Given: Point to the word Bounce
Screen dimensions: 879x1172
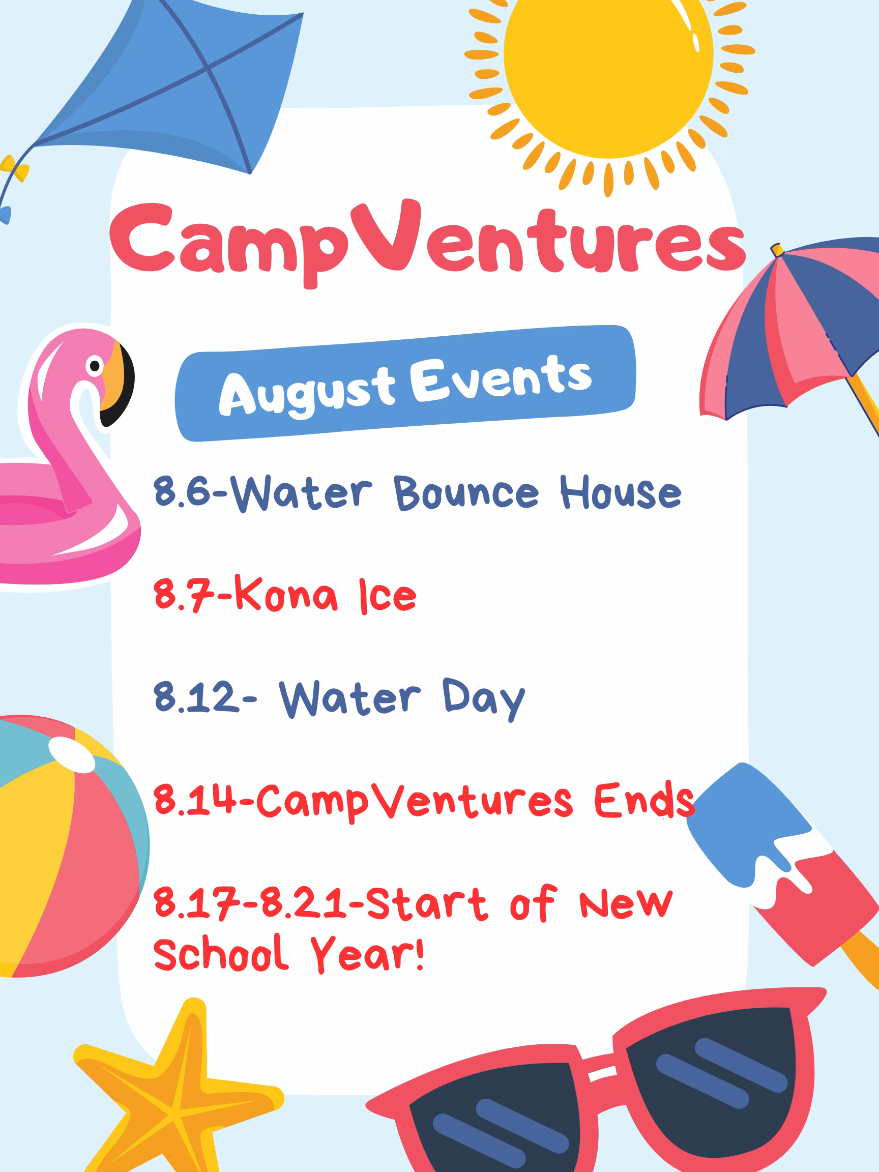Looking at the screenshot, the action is pyautogui.click(x=466, y=493).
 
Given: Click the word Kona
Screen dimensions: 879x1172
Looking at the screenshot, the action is pyautogui.click(x=286, y=594).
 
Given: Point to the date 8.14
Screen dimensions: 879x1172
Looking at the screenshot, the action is pyautogui.click(x=194, y=799).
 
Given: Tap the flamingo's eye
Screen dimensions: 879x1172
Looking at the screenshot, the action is pyautogui.click(x=95, y=366).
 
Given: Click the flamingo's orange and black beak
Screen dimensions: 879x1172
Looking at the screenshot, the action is pyautogui.click(x=116, y=384).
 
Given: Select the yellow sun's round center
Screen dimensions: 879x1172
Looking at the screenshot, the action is pyautogui.click(x=608, y=55).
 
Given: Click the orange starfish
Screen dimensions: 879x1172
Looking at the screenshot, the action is pyautogui.click(x=175, y=1097).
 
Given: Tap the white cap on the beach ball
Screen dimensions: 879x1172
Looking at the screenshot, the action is pyautogui.click(x=72, y=755).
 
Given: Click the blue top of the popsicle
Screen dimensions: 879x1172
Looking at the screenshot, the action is pyautogui.click(x=747, y=827).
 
